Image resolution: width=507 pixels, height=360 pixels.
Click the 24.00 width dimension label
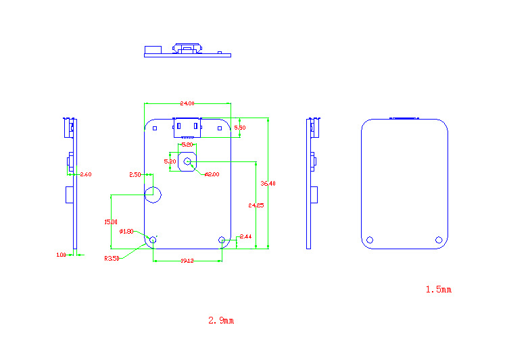(x=187, y=103)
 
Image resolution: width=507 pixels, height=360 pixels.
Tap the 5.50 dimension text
(x=240, y=127)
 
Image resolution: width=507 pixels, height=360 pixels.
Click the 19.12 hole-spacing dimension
(x=187, y=261)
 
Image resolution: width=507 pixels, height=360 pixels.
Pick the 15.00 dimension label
(x=111, y=222)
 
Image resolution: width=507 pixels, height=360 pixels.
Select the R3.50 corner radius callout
(x=112, y=258)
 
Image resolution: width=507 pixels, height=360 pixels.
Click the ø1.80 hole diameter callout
(x=126, y=232)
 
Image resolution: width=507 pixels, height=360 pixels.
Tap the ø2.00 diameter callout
(x=212, y=174)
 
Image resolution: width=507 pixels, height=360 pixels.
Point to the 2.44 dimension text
(x=245, y=236)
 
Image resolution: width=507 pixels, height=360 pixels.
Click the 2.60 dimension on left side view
(x=86, y=174)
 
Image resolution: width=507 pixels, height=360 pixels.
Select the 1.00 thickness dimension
(x=61, y=255)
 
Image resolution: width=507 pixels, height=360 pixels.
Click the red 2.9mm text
(x=221, y=320)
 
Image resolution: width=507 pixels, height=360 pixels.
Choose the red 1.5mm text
(x=438, y=289)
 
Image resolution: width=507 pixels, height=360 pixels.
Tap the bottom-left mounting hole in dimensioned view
(x=153, y=240)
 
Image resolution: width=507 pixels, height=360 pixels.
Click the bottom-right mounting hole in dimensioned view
(x=222, y=240)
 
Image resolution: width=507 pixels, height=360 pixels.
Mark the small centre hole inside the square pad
(x=188, y=162)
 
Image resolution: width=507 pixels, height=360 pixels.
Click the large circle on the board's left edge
(x=153, y=195)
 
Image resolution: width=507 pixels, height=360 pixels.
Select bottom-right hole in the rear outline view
(x=439, y=240)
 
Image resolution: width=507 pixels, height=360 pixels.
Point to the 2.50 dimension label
(x=135, y=175)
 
